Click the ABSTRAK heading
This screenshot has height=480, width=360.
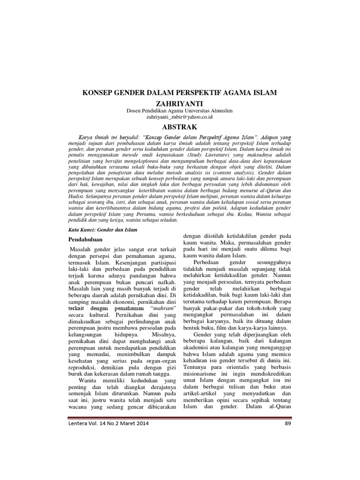[x=180, y=127]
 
